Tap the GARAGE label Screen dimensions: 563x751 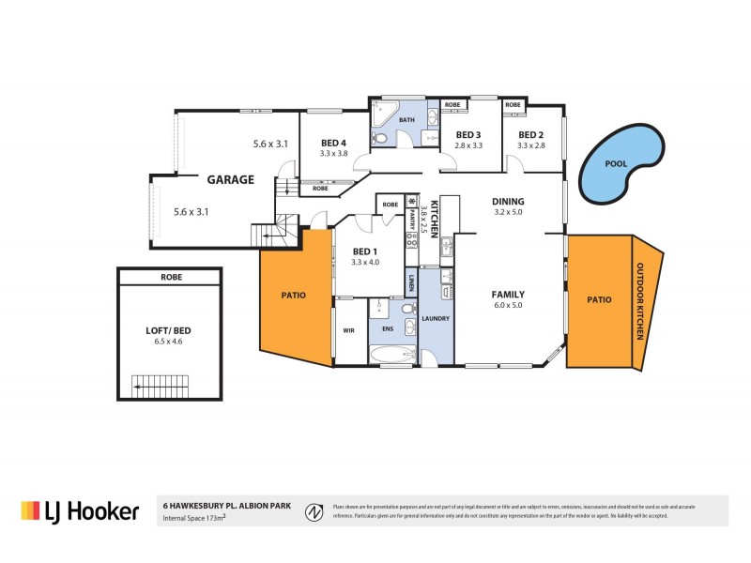230,179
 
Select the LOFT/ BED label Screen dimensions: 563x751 169,331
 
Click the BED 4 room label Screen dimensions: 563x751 333,143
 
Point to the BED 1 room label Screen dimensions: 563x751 365,251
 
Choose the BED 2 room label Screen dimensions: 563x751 531,134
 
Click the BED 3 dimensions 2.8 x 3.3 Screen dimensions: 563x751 468,145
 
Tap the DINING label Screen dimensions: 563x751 508,201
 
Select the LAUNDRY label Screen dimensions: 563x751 437,319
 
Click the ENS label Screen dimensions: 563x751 388,330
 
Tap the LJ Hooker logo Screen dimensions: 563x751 81,511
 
